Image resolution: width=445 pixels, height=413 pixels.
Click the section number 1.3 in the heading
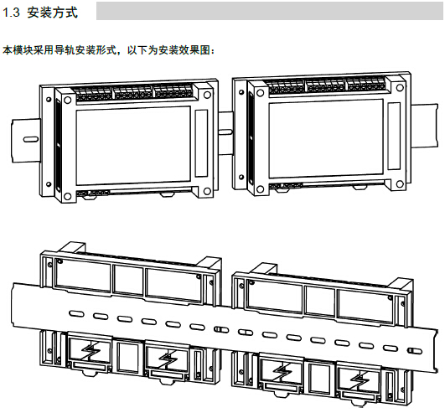[11, 13]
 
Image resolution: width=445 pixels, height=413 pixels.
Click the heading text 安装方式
[53, 13]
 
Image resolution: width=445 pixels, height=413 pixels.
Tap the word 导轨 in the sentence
[65, 50]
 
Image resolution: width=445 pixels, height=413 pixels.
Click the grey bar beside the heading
[269, 11]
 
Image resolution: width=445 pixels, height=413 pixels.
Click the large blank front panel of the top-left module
[133, 145]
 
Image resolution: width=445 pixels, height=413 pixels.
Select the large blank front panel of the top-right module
[326, 139]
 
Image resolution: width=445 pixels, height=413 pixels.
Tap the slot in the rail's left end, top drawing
[30, 139]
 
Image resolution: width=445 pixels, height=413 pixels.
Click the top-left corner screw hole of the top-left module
[68, 100]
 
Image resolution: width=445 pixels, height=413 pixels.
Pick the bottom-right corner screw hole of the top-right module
[400, 184]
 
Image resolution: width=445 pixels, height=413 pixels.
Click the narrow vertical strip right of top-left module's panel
[201, 143]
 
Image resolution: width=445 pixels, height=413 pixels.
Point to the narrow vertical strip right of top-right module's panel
[394, 137]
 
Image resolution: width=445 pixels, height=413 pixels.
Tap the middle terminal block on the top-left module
[132, 93]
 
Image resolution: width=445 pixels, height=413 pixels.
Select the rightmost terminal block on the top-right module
[366, 85]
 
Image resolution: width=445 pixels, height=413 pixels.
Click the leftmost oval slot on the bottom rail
[76, 313]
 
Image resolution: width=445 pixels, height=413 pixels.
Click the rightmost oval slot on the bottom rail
[415, 351]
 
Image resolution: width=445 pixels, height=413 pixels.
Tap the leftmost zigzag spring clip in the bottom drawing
[91, 351]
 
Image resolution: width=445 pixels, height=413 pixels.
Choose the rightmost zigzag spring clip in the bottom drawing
[360, 379]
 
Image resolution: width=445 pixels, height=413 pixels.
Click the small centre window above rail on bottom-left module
[128, 281]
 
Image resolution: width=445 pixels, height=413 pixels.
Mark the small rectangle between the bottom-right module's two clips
[319, 377]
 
